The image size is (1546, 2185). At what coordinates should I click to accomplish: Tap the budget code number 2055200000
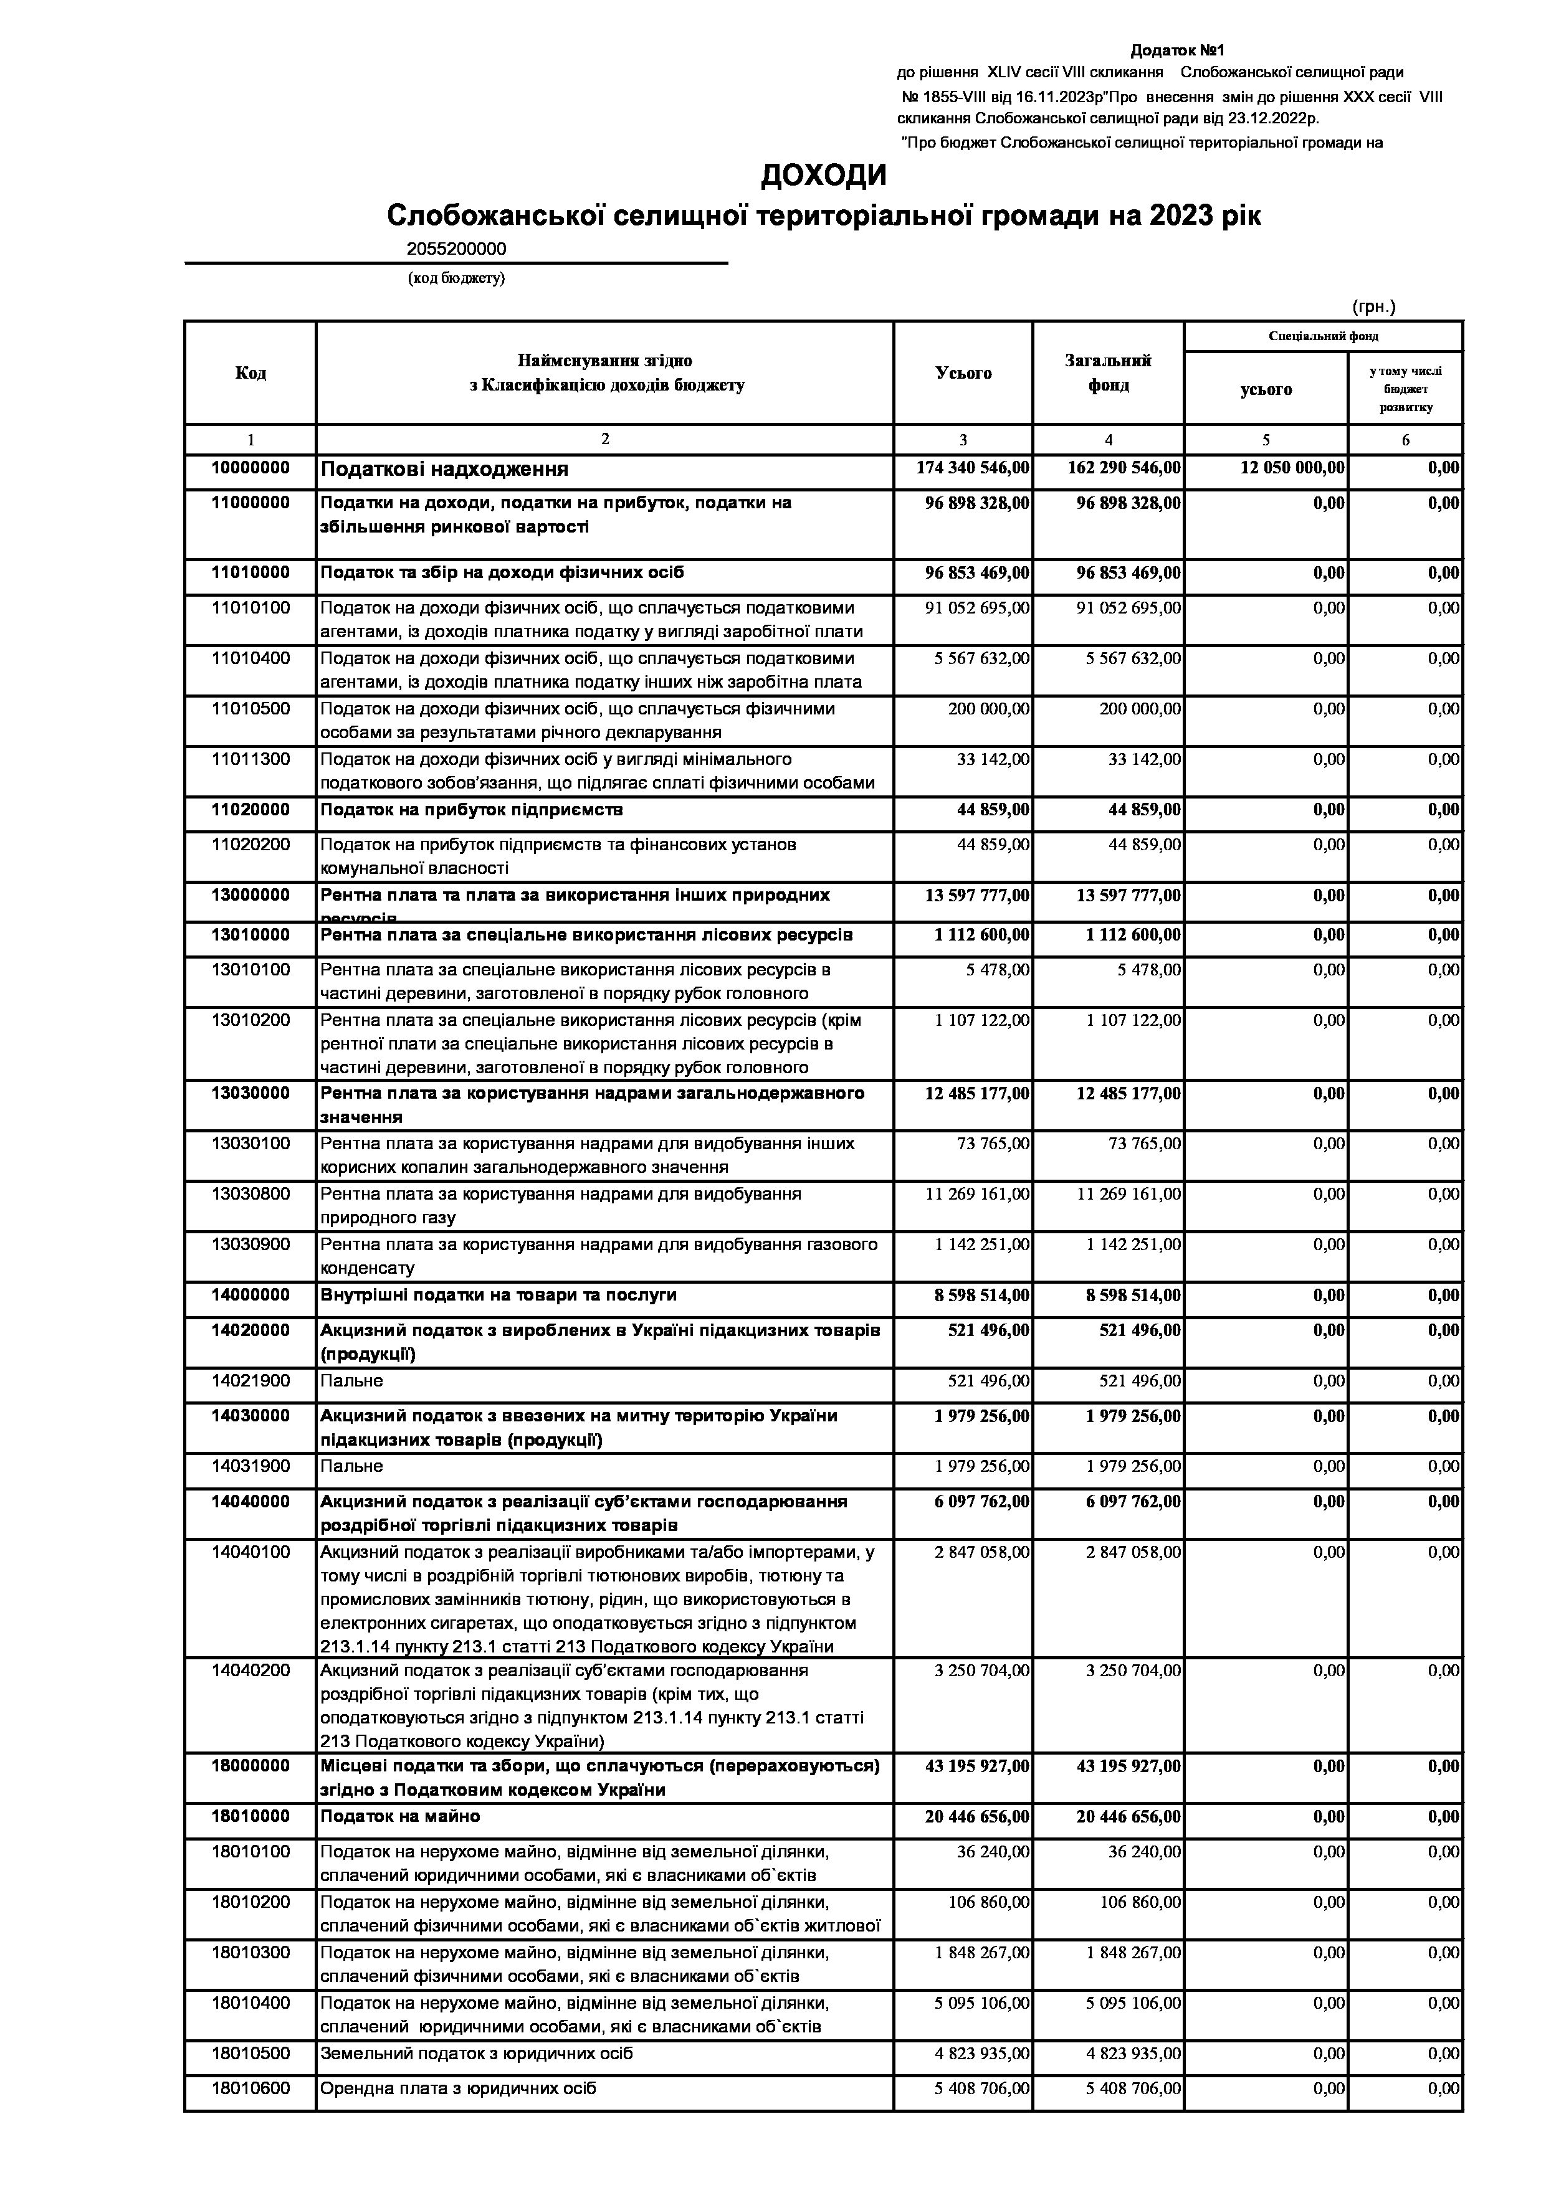click(x=456, y=249)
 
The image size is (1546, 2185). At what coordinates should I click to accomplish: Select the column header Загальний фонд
click(x=1107, y=373)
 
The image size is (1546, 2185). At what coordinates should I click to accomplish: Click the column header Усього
click(x=963, y=373)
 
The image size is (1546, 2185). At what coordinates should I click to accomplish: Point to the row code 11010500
click(x=251, y=709)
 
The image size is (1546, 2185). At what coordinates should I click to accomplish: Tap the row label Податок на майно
click(x=400, y=1816)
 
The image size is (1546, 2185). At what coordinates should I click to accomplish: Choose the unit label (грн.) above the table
click(x=1373, y=306)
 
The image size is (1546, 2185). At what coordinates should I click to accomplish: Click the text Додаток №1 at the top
click(x=1176, y=49)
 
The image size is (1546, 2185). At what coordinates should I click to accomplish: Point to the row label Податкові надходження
click(x=444, y=469)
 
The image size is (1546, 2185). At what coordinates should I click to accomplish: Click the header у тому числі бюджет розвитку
click(x=1405, y=388)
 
